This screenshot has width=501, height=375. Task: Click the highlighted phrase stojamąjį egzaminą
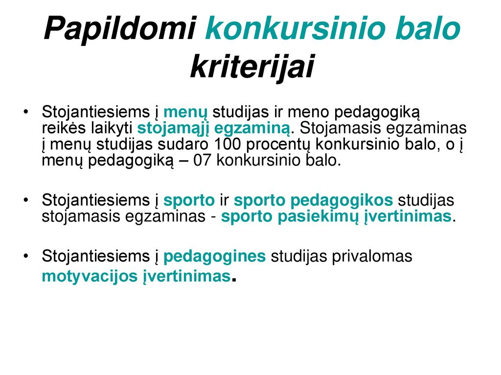tap(214, 129)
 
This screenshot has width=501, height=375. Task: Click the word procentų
tap(278, 145)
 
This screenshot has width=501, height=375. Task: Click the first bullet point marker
tap(26, 112)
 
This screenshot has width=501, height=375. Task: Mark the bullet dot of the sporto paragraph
tap(26, 200)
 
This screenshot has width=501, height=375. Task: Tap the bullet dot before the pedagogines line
tap(26, 256)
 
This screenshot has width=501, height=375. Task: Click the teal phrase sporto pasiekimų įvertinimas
tap(336, 217)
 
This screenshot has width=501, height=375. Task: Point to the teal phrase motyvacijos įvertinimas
tap(136, 277)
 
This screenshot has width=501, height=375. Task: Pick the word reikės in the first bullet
tap(64, 128)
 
